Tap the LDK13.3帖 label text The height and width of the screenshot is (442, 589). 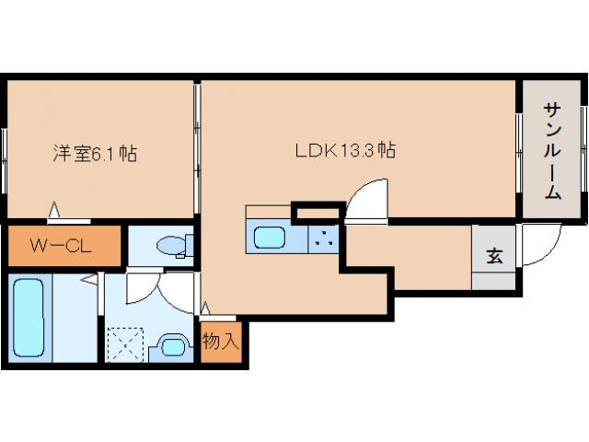click(x=345, y=150)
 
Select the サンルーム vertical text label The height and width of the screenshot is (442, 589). click(x=551, y=151)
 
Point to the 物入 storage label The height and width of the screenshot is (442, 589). click(x=221, y=342)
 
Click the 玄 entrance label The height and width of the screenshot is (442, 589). click(x=494, y=257)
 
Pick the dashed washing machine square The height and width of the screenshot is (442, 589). click(x=125, y=345)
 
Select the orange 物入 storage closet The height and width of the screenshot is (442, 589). click(x=221, y=342)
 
